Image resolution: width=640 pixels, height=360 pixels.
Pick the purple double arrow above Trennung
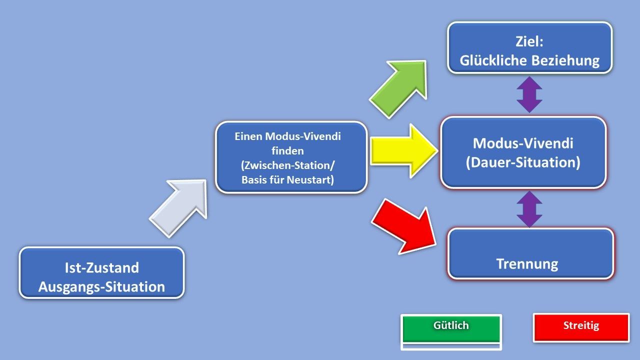click(x=529, y=208)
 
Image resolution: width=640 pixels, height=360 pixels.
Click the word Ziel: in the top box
click(x=529, y=42)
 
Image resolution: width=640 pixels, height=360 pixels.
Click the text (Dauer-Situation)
click(x=523, y=162)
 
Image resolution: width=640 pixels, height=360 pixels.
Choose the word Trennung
click(x=527, y=263)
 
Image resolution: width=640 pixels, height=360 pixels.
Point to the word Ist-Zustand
click(x=101, y=268)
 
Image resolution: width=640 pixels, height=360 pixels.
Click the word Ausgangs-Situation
click(x=101, y=287)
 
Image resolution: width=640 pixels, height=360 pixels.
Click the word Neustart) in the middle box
click(x=310, y=180)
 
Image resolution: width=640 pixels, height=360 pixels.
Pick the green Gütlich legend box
click(x=451, y=327)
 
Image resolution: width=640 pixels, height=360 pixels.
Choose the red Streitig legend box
click(x=581, y=327)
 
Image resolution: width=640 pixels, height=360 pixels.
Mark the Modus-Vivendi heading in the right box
click(x=523, y=143)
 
